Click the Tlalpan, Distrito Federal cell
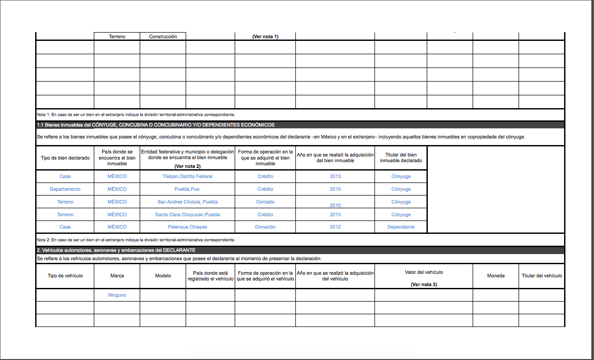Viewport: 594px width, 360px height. click(x=187, y=176)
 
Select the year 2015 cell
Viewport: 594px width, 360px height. click(x=335, y=189)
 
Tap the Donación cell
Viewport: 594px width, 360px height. click(x=265, y=227)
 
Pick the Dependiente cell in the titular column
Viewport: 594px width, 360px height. click(x=401, y=227)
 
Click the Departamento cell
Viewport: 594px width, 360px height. click(x=65, y=189)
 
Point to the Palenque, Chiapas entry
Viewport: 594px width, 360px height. click(x=187, y=227)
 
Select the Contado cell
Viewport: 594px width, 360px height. click(x=265, y=202)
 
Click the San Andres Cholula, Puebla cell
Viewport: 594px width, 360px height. click(x=187, y=202)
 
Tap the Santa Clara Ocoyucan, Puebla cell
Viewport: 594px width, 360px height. click(x=187, y=215)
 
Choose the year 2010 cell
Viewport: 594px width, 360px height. click(x=335, y=205)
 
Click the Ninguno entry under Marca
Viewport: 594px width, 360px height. click(x=117, y=295)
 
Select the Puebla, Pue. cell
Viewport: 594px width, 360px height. click(x=187, y=189)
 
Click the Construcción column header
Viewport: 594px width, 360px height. click(x=163, y=36)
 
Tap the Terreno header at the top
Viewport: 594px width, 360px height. click(x=117, y=36)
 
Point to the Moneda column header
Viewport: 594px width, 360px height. click(x=496, y=276)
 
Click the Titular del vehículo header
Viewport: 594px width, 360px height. click(x=542, y=276)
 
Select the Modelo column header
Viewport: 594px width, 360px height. click(x=163, y=276)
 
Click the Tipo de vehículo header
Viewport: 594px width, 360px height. click(x=65, y=276)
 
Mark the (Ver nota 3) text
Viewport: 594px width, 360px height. click(x=423, y=284)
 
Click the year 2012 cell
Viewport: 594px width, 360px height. click(x=335, y=227)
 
